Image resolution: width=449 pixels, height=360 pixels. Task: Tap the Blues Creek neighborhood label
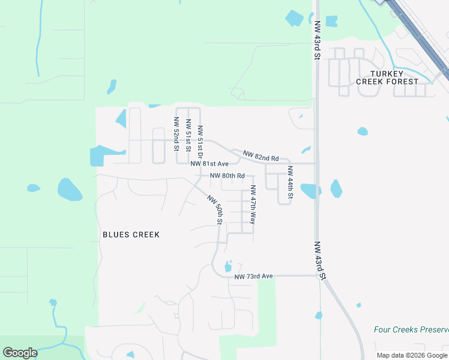pos(131,235)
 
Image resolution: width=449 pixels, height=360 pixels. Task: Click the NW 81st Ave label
pos(209,164)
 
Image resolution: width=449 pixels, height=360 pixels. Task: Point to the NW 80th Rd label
pos(228,176)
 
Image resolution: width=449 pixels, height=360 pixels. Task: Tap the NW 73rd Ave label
pos(253,276)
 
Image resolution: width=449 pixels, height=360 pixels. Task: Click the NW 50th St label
pos(215,209)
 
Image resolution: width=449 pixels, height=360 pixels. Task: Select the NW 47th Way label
pos(253,205)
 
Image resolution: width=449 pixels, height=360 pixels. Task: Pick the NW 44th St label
pos(290,182)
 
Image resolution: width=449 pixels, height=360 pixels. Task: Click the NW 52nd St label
pos(177,136)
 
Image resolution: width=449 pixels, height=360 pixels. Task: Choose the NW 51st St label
pos(188,136)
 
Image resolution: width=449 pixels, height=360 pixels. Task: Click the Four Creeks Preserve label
pos(411,329)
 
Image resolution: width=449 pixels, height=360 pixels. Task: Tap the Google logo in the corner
pos(20,353)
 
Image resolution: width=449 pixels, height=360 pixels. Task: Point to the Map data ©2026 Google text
pos(412,355)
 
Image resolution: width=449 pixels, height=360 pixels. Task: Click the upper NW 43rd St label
pos(316,41)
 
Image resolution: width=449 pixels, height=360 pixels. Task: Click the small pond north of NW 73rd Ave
pos(228,266)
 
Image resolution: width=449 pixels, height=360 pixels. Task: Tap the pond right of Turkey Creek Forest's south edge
pos(362,131)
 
